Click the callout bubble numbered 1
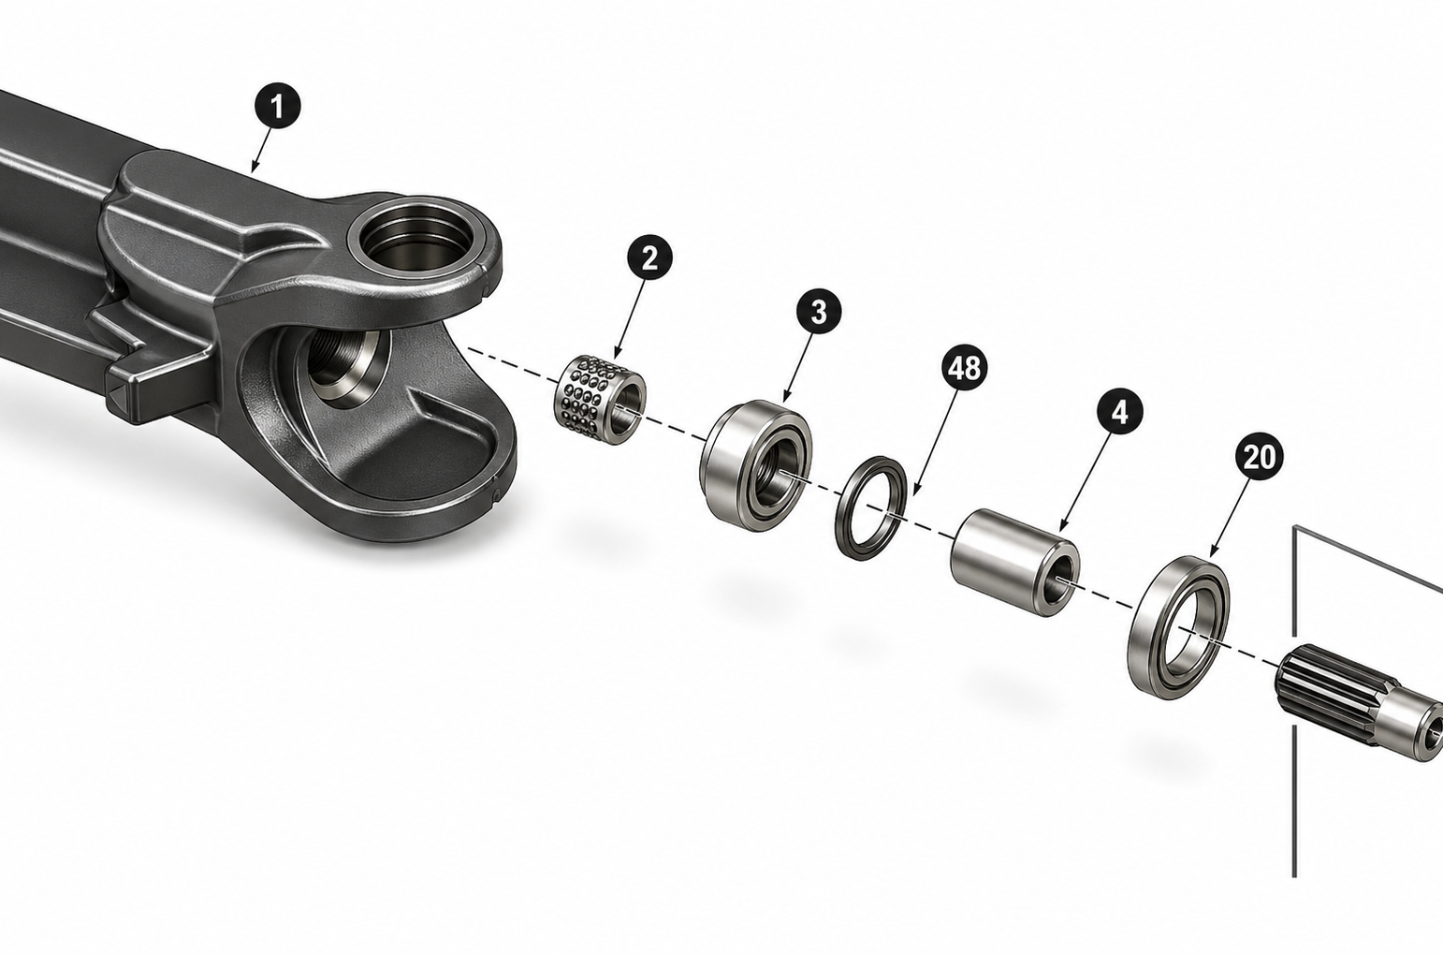tap(277, 106)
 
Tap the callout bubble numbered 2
tap(649, 257)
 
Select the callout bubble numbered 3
tap(818, 312)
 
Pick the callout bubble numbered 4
tap(1120, 411)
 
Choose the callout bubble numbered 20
tap(1259, 456)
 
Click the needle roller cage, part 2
tap(600, 400)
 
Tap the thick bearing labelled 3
tap(755, 465)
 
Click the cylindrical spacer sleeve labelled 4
tap(1015, 562)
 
